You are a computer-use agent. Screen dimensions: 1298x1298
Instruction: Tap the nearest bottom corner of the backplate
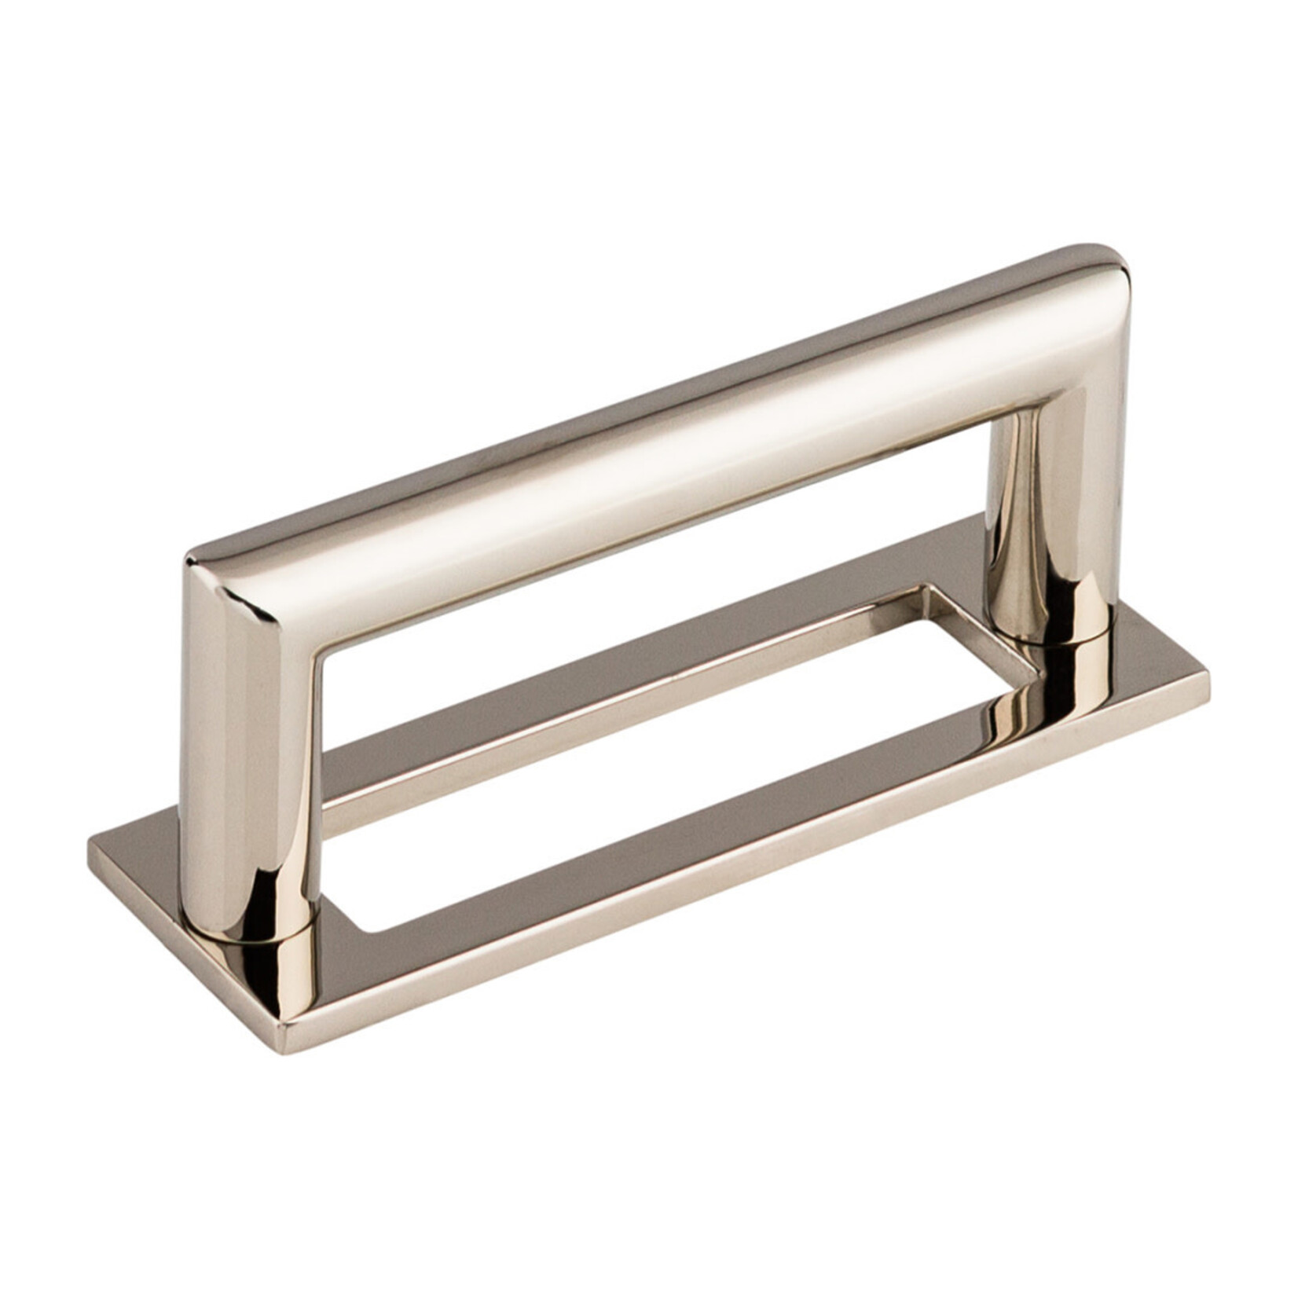click(287, 1045)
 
